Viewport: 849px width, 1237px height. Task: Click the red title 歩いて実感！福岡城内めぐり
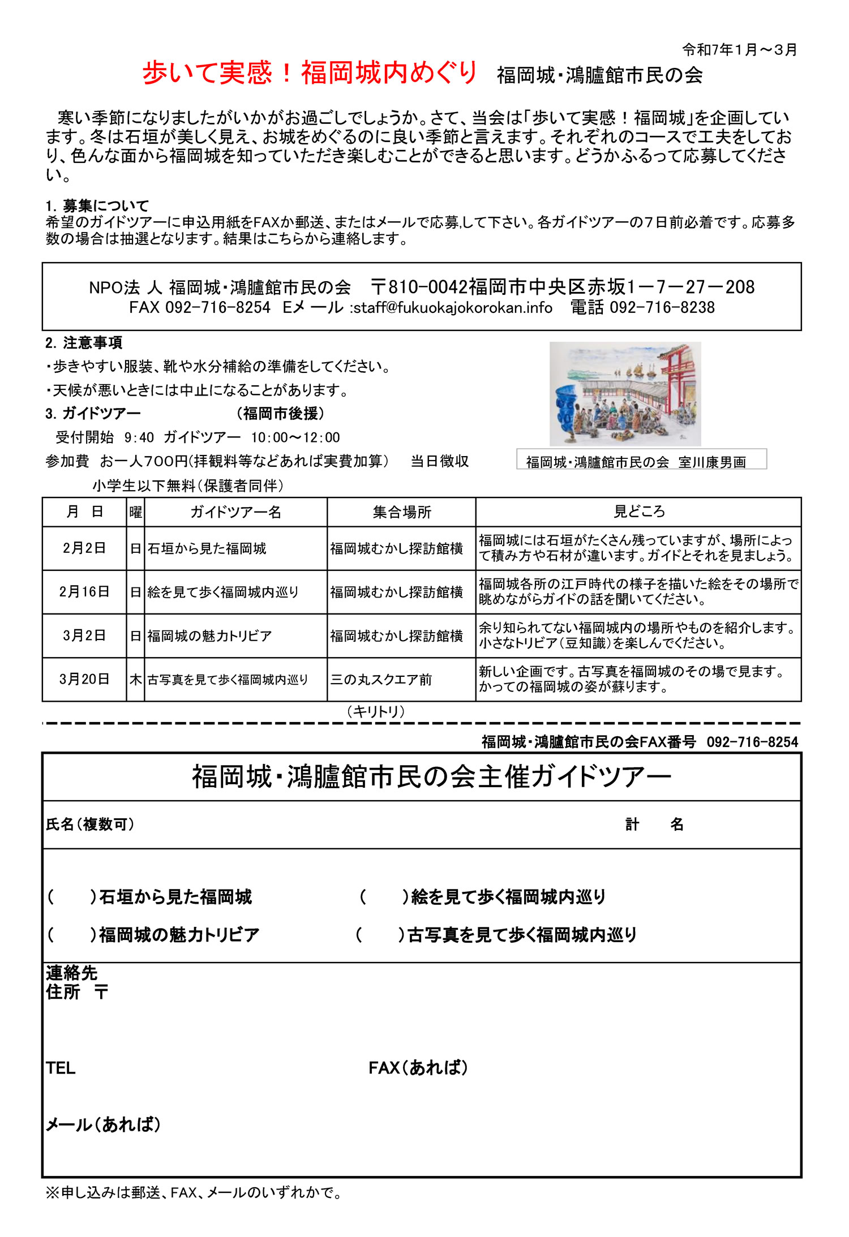click(310, 73)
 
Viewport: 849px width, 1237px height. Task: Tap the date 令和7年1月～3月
click(739, 50)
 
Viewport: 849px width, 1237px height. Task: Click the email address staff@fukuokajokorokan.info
click(453, 308)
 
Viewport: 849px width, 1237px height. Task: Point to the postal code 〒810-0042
click(419, 287)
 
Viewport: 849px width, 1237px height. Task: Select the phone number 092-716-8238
click(662, 308)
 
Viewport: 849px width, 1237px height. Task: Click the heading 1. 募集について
click(97, 205)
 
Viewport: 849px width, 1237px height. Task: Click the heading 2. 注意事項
click(84, 343)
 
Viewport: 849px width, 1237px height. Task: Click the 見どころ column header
click(639, 512)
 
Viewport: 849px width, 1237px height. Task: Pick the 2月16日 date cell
click(84, 592)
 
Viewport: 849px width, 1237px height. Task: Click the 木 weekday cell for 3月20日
click(135, 680)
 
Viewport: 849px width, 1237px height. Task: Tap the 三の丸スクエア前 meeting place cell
click(381, 680)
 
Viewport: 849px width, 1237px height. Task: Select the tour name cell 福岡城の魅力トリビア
click(210, 636)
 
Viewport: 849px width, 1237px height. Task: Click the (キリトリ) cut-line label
click(376, 711)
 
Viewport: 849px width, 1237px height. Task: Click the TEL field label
click(61, 1068)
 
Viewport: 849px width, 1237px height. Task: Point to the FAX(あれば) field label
click(418, 1068)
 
